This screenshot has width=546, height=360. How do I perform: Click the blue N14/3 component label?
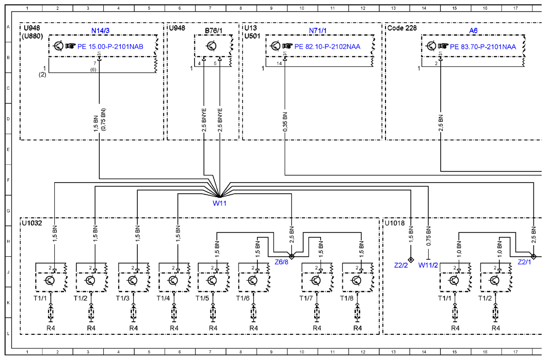click(x=100, y=31)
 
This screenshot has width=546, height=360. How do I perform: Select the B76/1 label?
click(x=213, y=31)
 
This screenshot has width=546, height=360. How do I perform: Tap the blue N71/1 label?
click(x=318, y=31)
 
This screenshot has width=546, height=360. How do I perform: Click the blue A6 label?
click(x=473, y=31)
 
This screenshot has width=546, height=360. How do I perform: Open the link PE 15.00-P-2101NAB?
click(x=110, y=47)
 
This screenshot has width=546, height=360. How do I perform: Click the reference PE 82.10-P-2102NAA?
click(x=327, y=47)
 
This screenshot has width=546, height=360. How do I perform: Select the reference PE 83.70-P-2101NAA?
click(x=483, y=47)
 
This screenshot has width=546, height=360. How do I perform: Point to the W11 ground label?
click(x=219, y=203)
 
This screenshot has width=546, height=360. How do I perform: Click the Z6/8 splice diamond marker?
click(x=292, y=256)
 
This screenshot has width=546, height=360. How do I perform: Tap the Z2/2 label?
click(x=401, y=265)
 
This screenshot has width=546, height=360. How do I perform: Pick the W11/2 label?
click(x=428, y=265)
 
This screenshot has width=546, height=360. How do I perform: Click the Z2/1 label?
click(x=524, y=262)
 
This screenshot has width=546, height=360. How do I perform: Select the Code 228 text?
click(x=402, y=28)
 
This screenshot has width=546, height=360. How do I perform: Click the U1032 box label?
click(x=32, y=223)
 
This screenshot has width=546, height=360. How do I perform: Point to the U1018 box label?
click(x=395, y=223)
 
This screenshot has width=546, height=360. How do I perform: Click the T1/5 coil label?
click(x=202, y=298)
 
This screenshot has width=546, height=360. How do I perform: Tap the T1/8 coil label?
click(x=347, y=298)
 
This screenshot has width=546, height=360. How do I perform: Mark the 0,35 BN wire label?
click(x=285, y=122)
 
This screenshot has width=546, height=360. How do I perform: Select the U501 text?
click(x=252, y=36)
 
